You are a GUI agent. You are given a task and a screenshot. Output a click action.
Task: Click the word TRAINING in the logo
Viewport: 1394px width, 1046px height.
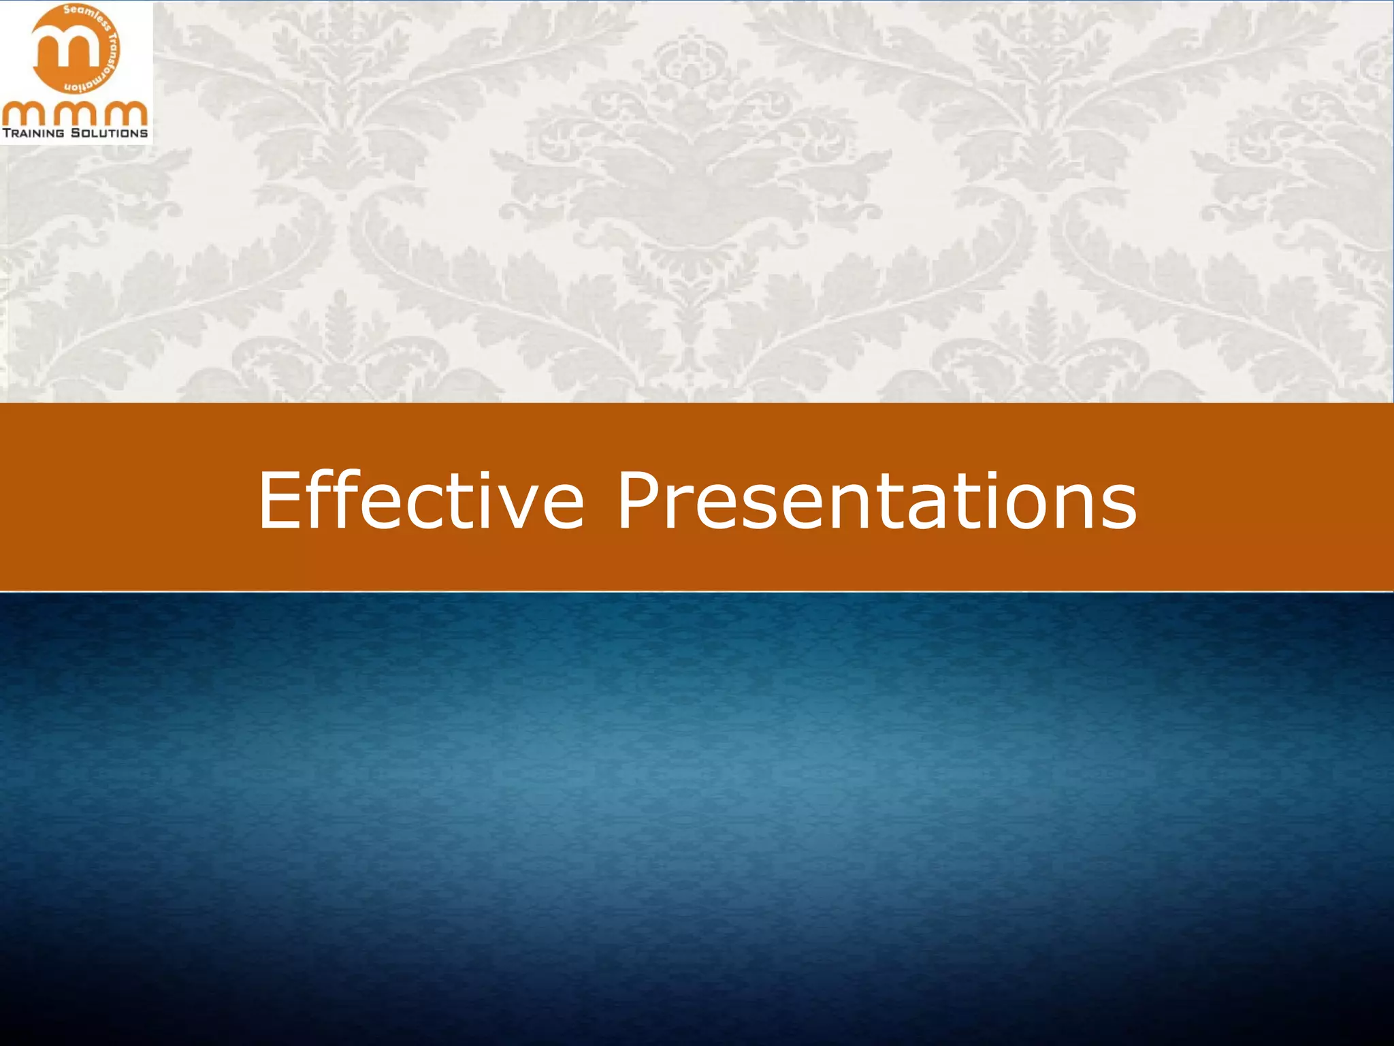[34, 133]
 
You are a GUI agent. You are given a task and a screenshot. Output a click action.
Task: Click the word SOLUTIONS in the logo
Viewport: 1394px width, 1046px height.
[110, 133]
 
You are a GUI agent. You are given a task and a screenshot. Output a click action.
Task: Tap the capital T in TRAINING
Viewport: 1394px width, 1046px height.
[6, 133]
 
